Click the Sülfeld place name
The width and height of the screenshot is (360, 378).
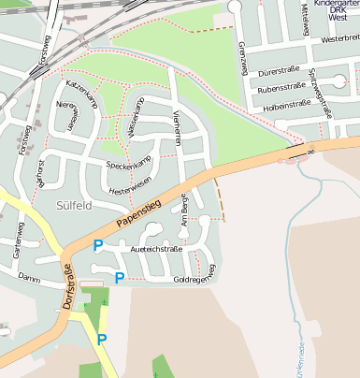click(73, 205)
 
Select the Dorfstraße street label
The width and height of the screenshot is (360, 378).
click(66, 286)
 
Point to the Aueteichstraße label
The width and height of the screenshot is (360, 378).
click(156, 249)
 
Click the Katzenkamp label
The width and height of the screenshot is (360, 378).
click(82, 100)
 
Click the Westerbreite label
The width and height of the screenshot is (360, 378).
click(338, 40)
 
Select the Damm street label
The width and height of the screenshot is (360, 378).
click(28, 278)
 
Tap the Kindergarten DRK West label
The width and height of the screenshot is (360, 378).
click(336, 13)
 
